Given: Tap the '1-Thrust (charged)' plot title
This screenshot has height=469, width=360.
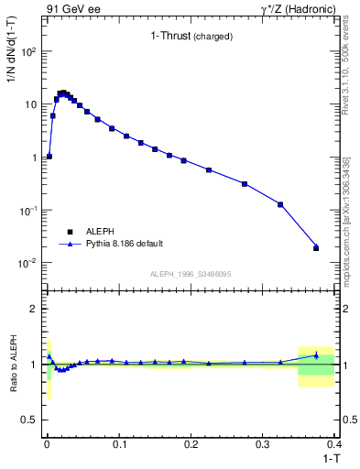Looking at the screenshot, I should pyautogui.click(x=191, y=37).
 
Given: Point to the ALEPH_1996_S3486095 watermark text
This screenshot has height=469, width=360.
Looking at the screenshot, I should pyautogui.click(x=191, y=274).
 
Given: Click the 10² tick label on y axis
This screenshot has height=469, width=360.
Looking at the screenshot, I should pyautogui.click(x=27, y=51).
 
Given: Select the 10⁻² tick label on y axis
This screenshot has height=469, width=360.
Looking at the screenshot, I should pyautogui.click(x=27, y=263).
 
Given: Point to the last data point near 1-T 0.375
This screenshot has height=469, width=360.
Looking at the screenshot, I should pyautogui.click(x=316, y=247).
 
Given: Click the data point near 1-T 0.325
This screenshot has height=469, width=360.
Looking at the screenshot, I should pyautogui.click(x=280, y=204).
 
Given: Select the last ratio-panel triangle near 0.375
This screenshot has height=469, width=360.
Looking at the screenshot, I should pyautogui.click(x=316, y=355).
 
